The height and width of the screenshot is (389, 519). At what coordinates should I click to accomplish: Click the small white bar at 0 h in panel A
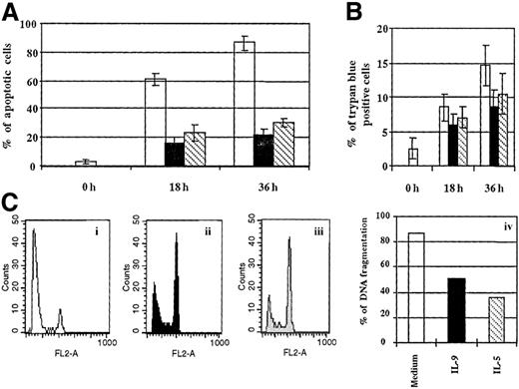(87, 163)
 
